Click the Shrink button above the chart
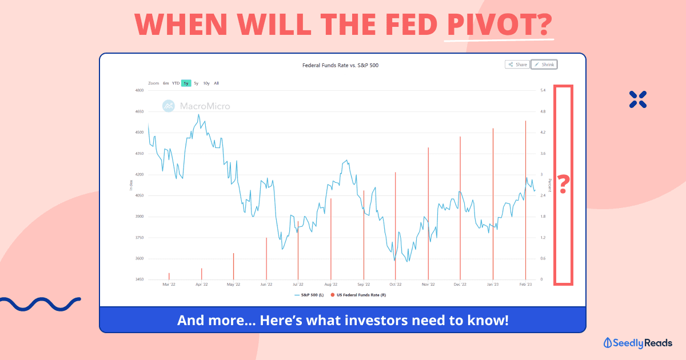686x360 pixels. pos(544,65)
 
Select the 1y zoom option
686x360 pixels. pos(186,83)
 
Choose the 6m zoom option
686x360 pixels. pos(166,83)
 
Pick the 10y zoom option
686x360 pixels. pos(206,83)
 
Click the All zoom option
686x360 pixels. pos(217,83)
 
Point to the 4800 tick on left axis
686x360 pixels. pos(139,90)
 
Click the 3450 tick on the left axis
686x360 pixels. pos(139,279)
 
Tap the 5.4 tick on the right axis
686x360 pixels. pos(543,90)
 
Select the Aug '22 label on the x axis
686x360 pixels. pos(331,284)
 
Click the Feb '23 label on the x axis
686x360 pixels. pos(525,284)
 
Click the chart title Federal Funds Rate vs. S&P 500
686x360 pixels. pos(340,65)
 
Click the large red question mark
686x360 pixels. pos(564,184)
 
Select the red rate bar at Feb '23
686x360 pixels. pos(526,200)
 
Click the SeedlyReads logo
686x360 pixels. pos(638,343)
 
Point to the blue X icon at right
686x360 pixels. pos(637,99)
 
